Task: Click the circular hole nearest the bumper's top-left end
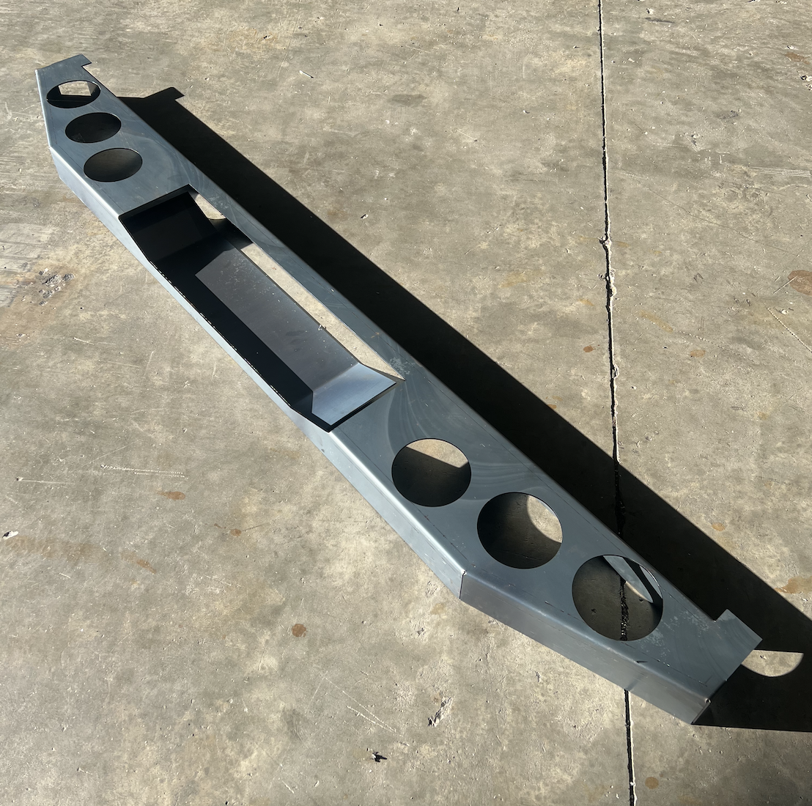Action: [x=73, y=94]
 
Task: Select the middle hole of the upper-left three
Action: [x=93, y=127]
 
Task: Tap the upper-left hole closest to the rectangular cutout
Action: [x=113, y=164]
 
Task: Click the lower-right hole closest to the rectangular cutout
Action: [x=431, y=473]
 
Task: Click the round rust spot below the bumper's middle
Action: [x=298, y=629]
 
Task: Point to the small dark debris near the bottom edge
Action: [x=377, y=755]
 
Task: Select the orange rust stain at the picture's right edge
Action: [x=801, y=281]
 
